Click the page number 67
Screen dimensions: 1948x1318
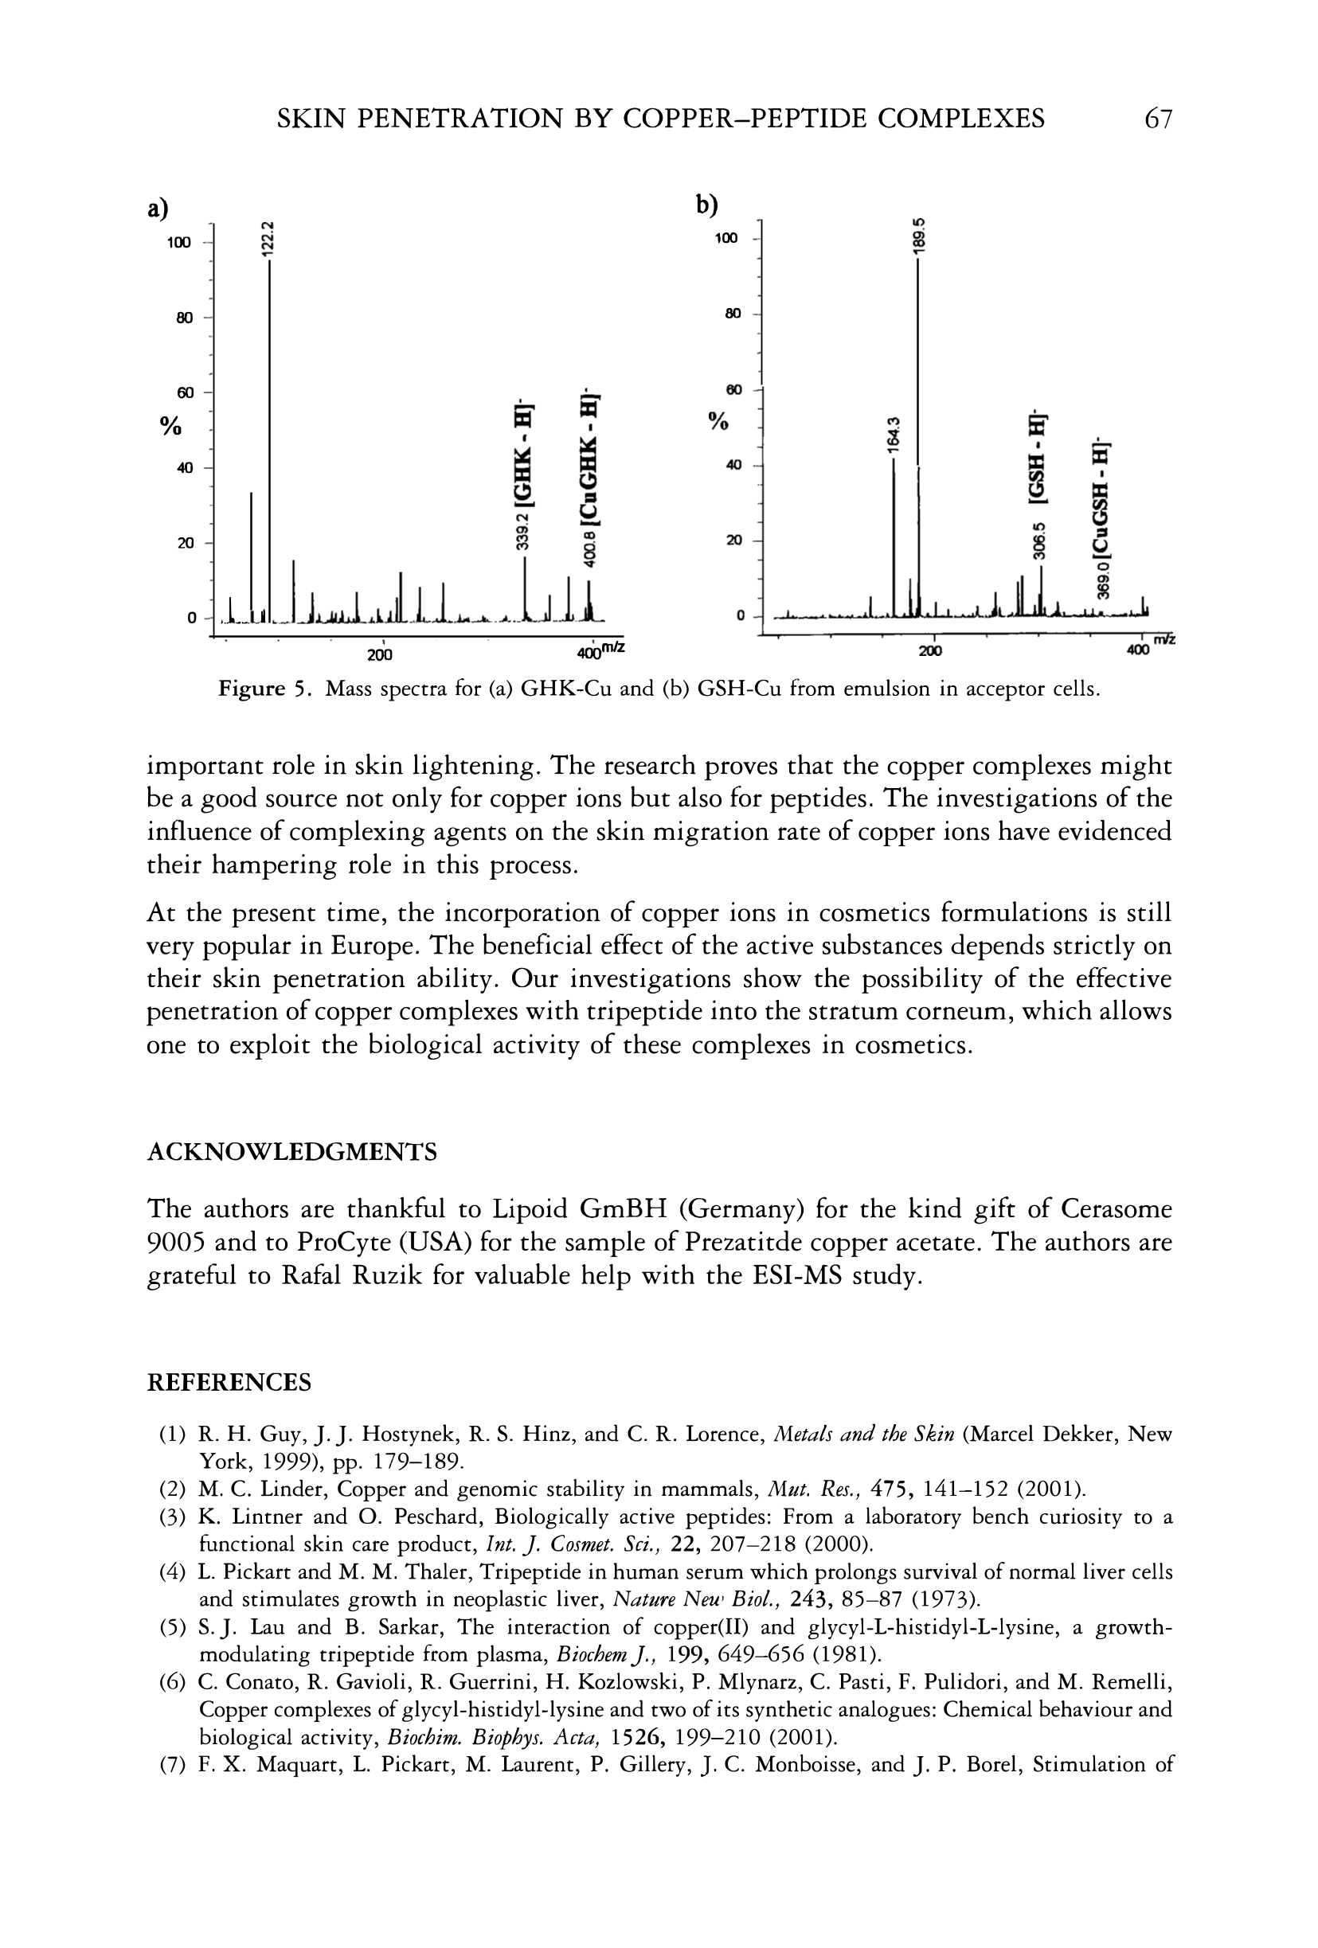[1157, 119]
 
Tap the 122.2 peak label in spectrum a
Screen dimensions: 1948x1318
[267, 237]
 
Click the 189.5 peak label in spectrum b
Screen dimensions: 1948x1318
[919, 236]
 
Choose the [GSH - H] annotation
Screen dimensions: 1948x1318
[1039, 460]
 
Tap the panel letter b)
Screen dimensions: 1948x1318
[709, 205]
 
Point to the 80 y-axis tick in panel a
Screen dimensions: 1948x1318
[185, 318]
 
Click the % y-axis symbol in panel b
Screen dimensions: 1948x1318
[718, 421]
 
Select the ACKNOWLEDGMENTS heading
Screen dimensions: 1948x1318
[291, 1153]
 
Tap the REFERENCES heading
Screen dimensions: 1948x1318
[229, 1383]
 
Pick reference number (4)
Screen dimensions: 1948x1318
[172, 1571]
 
